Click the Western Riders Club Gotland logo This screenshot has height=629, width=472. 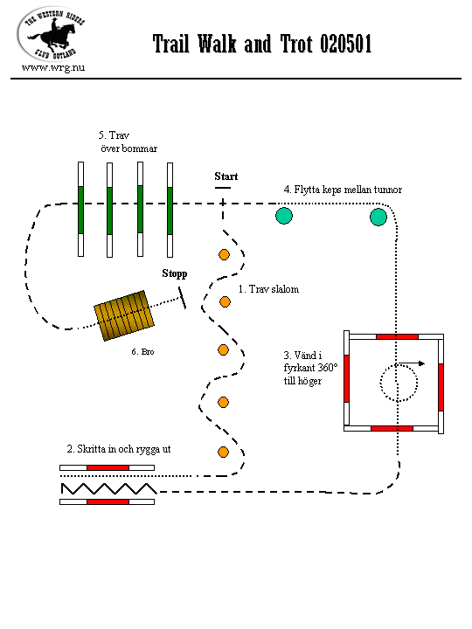[52, 34]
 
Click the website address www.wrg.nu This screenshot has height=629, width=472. [53, 67]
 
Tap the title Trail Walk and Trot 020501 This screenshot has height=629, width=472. [262, 44]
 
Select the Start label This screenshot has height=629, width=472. [226, 176]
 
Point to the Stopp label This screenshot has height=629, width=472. [175, 273]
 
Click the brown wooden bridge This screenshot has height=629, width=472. [124, 315]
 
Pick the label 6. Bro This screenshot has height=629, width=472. [142, 352]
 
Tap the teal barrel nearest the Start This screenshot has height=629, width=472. [284, 216]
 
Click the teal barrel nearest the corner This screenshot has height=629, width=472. [378, 217]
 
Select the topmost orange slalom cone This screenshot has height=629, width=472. [224, 254]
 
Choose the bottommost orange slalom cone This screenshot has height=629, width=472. [223, 453]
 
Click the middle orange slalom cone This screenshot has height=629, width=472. [223, 349]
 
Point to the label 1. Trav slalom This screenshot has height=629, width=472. [268, 289]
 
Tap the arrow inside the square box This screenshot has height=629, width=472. [412, 363]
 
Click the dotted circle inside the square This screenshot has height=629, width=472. [379, 384]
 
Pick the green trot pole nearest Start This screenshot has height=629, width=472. [170, 210]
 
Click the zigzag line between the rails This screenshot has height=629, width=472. [108, 488]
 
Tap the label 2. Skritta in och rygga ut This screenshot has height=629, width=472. [119, 449]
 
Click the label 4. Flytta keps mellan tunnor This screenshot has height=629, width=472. [343, 190]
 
